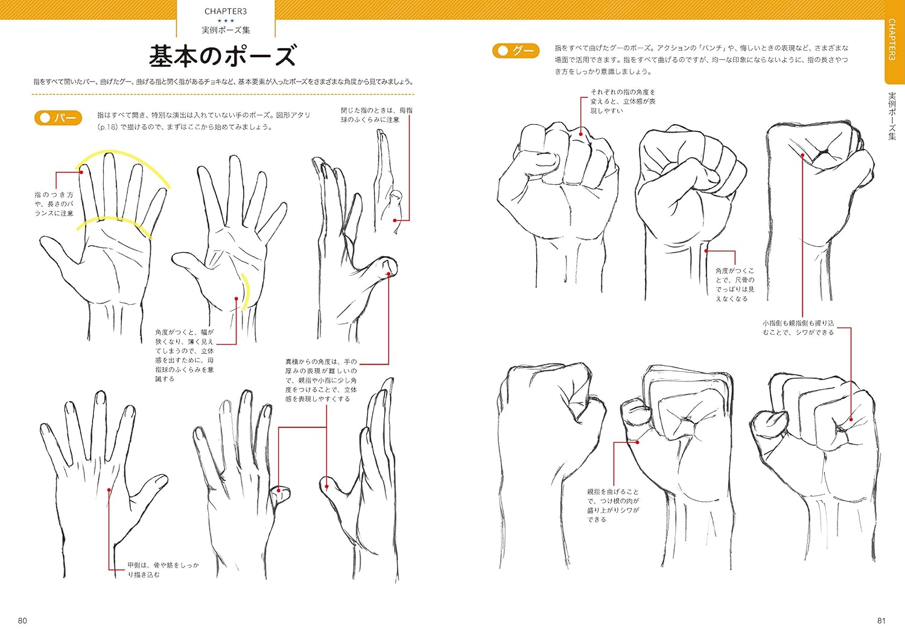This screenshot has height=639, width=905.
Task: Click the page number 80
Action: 22,620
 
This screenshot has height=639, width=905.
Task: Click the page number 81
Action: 881,620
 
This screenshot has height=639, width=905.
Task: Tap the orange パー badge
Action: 58,118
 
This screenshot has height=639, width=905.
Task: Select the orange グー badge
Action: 515,51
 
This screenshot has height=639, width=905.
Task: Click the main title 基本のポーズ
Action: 223,56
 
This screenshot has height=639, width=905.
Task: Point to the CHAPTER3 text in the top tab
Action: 226,11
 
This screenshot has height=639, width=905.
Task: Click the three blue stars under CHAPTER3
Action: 226,21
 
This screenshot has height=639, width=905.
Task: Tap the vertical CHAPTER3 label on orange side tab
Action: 892,40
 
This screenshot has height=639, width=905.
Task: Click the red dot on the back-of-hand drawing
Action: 109,490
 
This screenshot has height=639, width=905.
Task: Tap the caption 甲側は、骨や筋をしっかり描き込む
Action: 164,570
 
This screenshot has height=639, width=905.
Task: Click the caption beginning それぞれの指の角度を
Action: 623,101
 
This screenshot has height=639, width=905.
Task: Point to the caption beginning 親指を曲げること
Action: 613,505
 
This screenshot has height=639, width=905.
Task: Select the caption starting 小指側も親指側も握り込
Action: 798,328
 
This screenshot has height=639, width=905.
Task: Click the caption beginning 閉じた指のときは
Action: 376,115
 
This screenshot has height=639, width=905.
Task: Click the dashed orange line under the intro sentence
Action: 223,94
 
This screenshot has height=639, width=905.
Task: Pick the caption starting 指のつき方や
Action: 54,204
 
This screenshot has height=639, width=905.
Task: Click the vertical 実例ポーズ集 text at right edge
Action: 892,116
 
